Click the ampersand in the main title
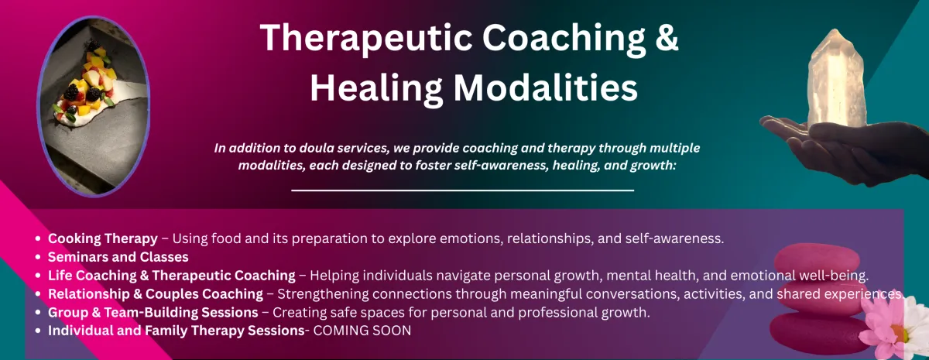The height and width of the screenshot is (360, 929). point(665,38)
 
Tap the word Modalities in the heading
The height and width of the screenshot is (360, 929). point(545,87)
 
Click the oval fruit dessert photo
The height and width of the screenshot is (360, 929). point(94,106)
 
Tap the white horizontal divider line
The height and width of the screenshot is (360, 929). point(462,190)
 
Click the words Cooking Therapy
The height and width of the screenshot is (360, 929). point(103,238)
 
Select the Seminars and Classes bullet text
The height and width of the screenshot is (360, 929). point(118,257)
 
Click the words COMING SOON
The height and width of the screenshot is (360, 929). point(362,331)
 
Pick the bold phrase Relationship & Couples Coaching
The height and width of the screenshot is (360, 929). point(156,294)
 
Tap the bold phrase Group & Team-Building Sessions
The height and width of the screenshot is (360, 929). point(153,312)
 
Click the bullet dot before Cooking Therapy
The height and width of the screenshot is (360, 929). point(38,239)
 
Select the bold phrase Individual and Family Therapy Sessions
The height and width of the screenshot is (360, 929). point(177,331)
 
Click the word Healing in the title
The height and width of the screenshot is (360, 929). point(376,88)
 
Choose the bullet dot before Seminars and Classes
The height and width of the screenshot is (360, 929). point(38,257)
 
